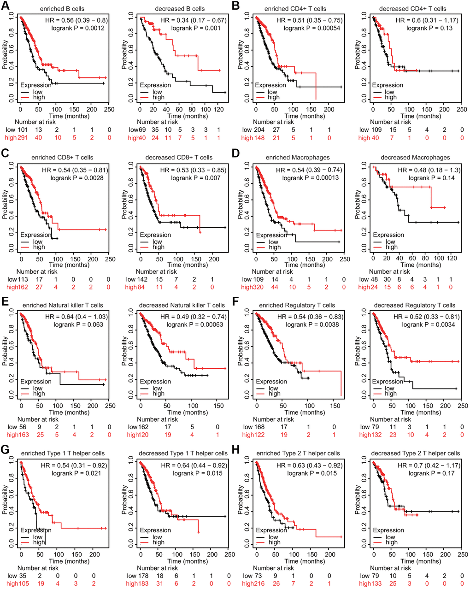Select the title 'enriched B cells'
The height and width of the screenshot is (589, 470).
62,9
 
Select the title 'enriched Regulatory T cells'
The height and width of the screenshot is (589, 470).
297,306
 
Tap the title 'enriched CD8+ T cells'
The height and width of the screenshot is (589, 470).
62,158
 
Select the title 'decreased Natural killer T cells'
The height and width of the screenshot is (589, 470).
182,306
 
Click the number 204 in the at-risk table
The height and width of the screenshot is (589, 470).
260,130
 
